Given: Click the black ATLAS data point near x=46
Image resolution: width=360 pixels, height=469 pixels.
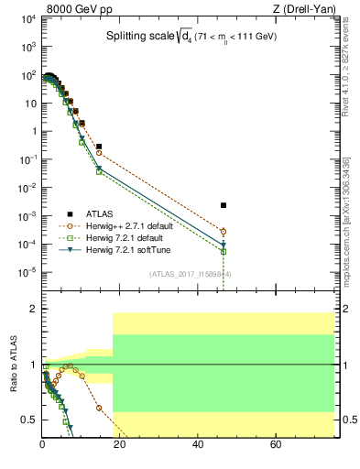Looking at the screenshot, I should tap(223, 205).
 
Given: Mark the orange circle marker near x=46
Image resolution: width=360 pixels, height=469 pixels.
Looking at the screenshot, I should tap(223, 232).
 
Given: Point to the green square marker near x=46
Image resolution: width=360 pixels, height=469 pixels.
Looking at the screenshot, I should tap(223, 251).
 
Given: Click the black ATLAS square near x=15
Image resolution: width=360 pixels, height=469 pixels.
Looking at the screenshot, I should tap(99, 147).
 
